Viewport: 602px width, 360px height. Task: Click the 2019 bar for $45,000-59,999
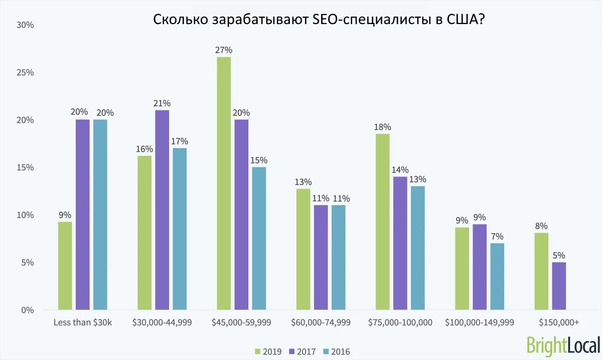[x=224, y=184]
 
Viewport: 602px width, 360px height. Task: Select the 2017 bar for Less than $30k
[x=82, y=215]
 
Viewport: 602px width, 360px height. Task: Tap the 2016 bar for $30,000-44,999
[x=179, y=229]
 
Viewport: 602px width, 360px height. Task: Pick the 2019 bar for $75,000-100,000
[x=382, y=222]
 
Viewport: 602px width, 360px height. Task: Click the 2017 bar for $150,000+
[x=559, y=286]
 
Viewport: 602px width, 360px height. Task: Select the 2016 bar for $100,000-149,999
[x=497, y=276]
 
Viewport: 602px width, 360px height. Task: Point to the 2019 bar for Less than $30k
[x=65, y=266]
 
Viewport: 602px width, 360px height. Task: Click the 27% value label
[x=224, y=50]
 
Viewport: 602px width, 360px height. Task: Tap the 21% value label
[x=162, y=103]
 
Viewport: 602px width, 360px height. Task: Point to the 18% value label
[x=382, y=127]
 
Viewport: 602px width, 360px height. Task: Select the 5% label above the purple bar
[x=559, y=256]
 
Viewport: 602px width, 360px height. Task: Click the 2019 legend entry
[x=268, y=351]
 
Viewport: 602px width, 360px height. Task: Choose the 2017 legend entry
[x=303, y=351]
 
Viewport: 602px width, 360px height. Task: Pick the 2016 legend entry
[x=337, y=351]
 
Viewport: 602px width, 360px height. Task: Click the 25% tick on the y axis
[x=25, y=73]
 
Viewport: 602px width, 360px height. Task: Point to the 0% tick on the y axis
[x=27, y=310]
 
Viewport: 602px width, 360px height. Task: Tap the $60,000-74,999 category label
[x=321, y=322]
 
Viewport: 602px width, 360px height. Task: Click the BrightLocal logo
[x=563, y=345]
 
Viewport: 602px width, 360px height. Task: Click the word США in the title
[x=460, y=20]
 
